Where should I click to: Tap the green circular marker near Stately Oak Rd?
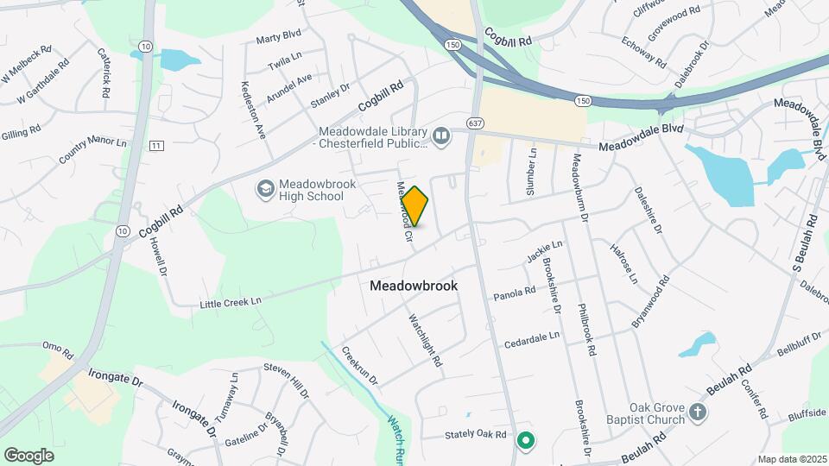point(525,441)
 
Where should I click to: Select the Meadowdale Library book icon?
point(441,136)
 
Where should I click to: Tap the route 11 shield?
point(155,145)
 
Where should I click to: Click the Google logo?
point(28,455)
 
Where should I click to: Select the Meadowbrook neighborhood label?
point(414,285)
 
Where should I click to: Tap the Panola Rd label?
point(515,295)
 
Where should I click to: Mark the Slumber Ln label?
point(533,163)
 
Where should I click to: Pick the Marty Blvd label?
point(278,39)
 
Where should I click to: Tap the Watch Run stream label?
point(396,436)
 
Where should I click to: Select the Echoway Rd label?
point(648,54)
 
